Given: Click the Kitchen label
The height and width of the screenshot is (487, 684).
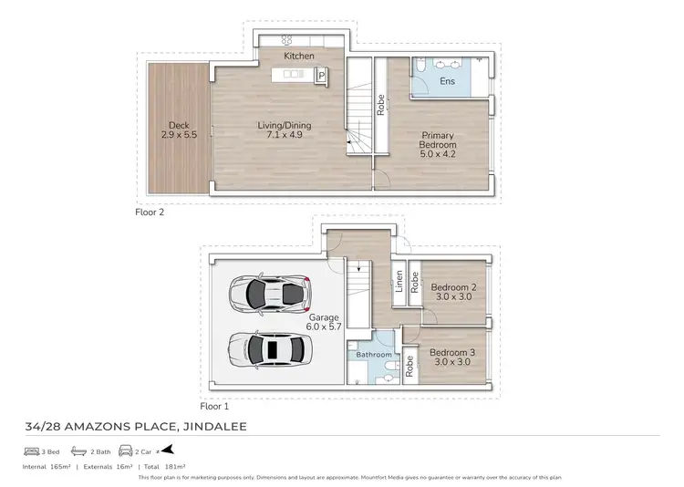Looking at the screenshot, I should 299,57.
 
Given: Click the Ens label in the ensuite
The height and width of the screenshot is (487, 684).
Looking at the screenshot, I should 447,81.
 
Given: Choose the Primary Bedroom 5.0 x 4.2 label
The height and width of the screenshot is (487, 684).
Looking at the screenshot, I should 436,145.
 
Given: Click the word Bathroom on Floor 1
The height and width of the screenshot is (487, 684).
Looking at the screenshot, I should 374,355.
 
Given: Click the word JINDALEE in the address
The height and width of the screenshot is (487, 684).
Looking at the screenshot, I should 208,426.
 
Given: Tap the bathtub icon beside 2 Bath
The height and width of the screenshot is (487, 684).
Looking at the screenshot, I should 79,451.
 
